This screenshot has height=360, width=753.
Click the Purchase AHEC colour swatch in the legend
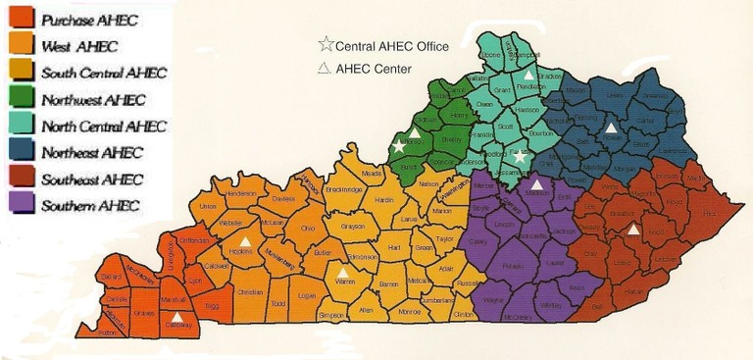click(22, 20)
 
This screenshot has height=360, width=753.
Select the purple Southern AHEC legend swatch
click(22, 206)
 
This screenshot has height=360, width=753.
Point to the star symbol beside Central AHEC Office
click(325, 45)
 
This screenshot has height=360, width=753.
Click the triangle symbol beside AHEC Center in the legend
click(325, 69)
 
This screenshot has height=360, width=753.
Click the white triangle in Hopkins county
click(247, 239)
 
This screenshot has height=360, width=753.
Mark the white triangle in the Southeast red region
click(634, 230)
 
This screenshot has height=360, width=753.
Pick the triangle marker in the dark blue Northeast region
click(610, 128)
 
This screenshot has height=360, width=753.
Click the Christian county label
click(250, 292)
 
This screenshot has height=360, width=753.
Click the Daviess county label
click(283, 199)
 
